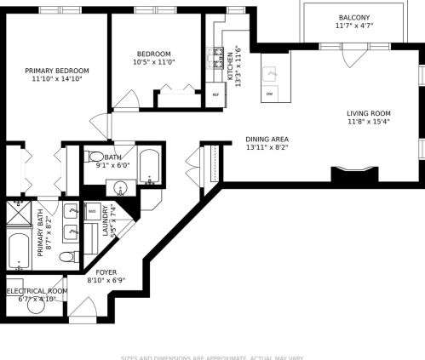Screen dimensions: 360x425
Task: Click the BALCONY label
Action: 354,18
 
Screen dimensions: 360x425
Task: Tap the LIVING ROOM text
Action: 368,113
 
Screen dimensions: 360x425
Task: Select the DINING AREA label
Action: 267,140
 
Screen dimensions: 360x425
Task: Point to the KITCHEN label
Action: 229,61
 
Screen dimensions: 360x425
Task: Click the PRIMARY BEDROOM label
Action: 57,71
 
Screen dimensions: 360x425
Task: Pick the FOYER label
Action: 106,272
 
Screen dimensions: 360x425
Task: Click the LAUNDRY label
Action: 106,220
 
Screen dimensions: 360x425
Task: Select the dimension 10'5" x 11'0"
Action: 153,62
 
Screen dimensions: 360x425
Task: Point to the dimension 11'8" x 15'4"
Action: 368,122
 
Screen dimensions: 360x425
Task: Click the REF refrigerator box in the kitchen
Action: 215,94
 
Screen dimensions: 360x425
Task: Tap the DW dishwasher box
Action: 270,92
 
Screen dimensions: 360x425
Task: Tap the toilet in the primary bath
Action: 67,256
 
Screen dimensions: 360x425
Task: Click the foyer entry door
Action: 83,308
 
